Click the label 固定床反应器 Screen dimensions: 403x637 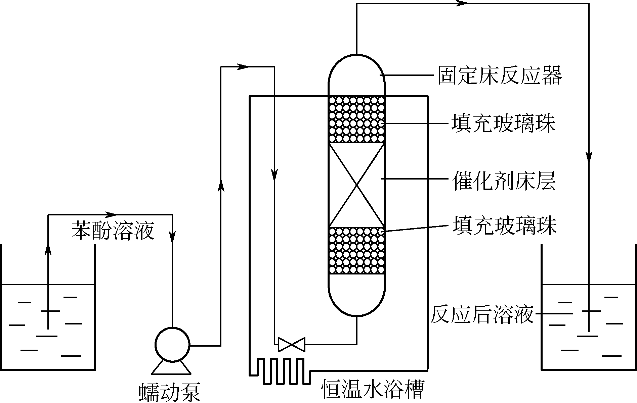(x=499, y=75)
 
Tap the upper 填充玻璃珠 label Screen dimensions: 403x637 (x=503, y=123)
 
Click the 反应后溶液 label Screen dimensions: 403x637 (x=482, y=314)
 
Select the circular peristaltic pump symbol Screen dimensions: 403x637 (x=172, y=344)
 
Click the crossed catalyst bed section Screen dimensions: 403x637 (x=356, y=185)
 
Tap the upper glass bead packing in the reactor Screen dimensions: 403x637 (x=356, y=119)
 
